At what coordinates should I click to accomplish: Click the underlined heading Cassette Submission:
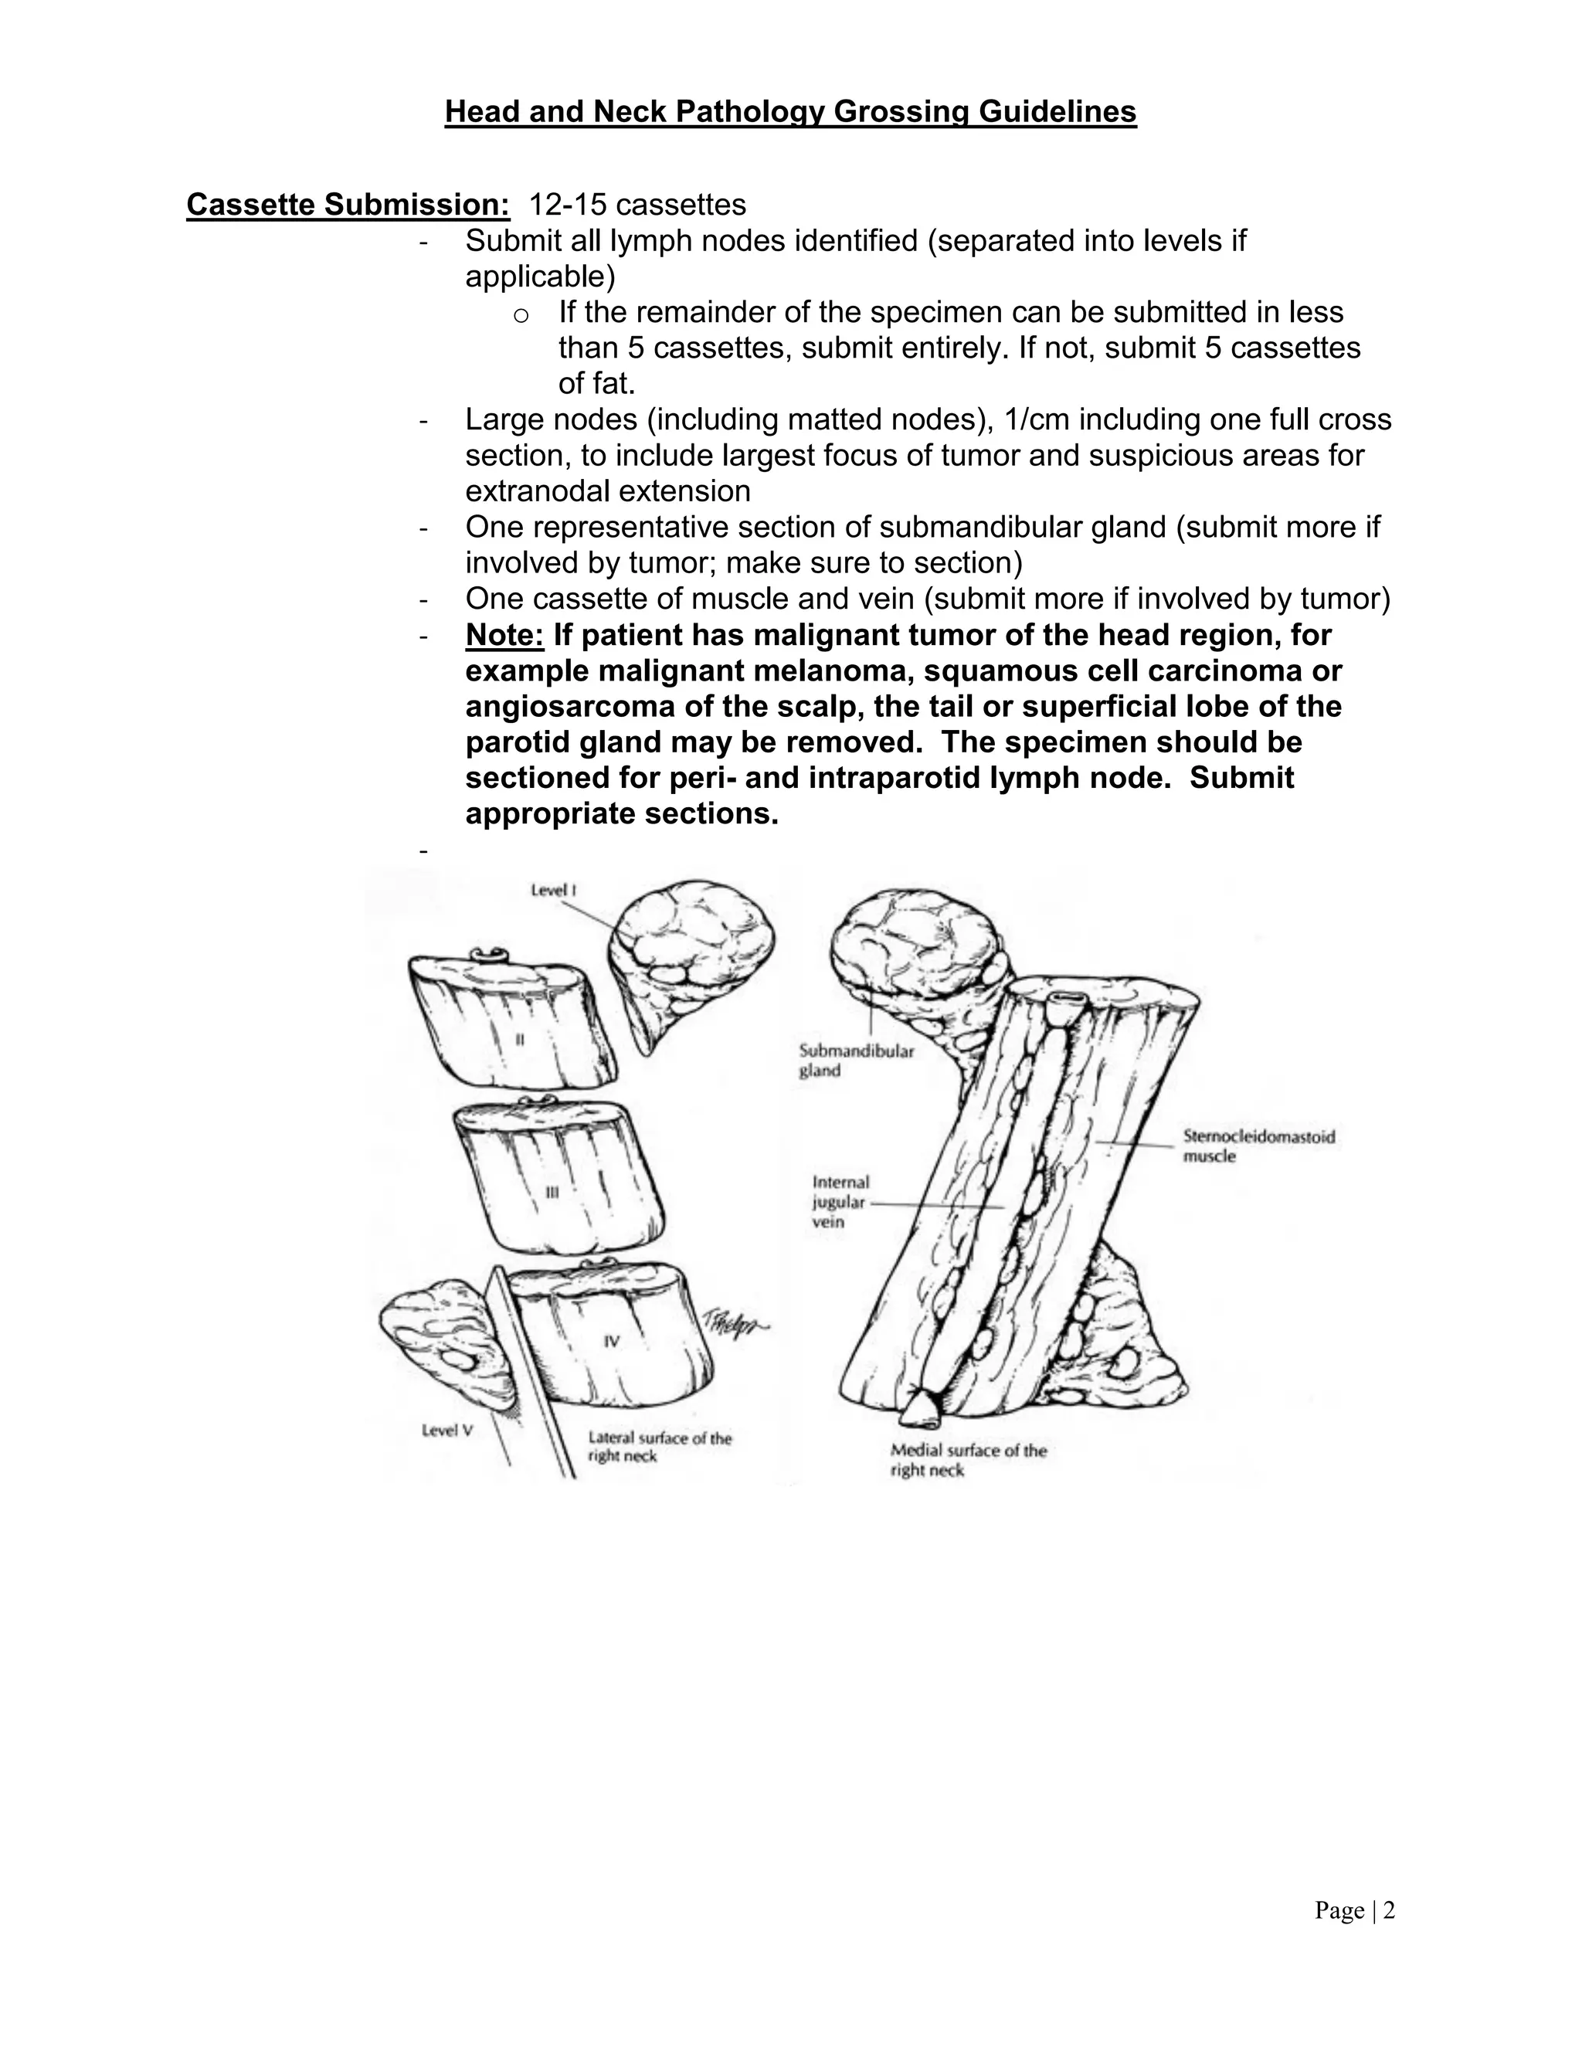[x=348, y=205]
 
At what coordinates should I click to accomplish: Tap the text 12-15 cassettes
[x=637, y=205]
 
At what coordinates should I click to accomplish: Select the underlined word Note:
[x=504, y=636]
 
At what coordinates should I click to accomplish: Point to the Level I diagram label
[x=553, y=891]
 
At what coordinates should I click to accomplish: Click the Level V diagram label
[x=447, y=1431]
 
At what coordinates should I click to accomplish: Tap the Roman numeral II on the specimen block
[x=519, y=1040]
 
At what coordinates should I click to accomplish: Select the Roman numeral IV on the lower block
[x=611, y=1341]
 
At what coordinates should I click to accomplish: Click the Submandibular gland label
[x=856, y=1060]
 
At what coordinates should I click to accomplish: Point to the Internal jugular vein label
[x=840, y=1202]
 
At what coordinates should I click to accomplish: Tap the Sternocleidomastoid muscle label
[x=1258, y=1146]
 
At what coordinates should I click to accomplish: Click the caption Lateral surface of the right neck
[x=660, y=1446]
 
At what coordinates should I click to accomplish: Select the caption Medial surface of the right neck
[x=968, y=1459]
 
